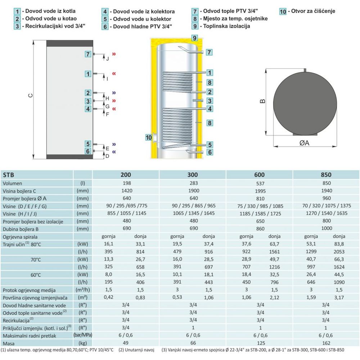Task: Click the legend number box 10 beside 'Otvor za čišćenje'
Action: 283,12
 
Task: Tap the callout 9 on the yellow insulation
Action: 194,38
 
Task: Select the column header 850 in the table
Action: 326,175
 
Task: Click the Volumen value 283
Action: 194,183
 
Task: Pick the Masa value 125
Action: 261,343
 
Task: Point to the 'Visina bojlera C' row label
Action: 19,191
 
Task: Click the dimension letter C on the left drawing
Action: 30,96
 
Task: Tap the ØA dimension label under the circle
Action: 304,143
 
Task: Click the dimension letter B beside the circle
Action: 262,101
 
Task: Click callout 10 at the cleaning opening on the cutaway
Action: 149,137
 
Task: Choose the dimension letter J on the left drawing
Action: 107,59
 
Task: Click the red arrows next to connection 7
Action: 114,54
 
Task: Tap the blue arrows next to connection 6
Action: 114,152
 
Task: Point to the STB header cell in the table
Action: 9,175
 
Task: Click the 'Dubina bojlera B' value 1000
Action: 327,228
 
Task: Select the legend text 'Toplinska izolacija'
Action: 226,26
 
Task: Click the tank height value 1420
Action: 127,191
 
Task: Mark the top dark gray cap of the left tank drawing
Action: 69,44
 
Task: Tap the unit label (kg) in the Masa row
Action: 82,343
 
